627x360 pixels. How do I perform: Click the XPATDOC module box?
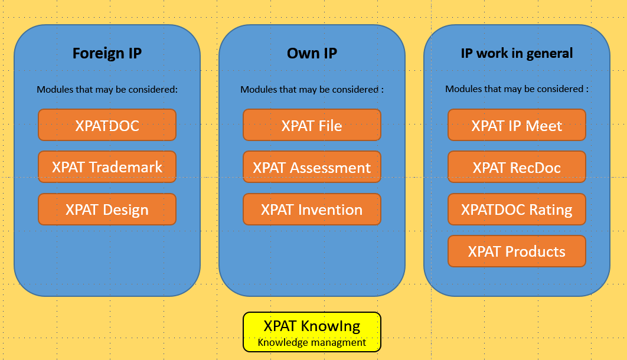107,125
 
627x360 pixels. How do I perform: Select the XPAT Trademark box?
107,167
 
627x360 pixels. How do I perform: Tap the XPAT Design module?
107,210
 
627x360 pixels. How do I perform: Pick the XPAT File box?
312,125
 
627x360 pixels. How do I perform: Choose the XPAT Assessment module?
312,167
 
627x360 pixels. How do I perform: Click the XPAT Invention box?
312,210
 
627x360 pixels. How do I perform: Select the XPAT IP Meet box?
517,125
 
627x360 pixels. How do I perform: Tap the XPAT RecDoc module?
517,167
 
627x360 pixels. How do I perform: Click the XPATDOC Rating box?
517,210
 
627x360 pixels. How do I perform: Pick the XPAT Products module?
517,251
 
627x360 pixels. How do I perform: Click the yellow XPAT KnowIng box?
312,332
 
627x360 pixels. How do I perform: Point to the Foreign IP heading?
107,54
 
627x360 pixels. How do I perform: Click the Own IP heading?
312,53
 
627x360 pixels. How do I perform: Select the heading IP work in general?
517,53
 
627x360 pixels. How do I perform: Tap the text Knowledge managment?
312,342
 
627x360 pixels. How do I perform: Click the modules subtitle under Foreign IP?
107,90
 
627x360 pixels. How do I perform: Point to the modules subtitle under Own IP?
312,90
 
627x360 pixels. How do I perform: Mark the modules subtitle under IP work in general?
517,89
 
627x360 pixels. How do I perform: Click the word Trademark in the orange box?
126,167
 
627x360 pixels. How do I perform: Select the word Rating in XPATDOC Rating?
551,210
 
